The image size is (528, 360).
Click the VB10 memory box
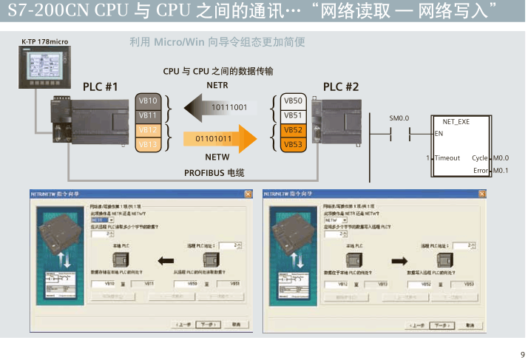tap(149, 101)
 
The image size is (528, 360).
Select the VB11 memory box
tap(149, 115)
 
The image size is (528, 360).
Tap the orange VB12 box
tap(149, 130)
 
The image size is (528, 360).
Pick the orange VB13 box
tap(149, 145)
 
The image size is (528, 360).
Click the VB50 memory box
tap(294, 101)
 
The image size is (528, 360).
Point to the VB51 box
tap(294, 115)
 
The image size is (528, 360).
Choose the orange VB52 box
tap(294, 130)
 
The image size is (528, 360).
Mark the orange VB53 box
tap(294, 145)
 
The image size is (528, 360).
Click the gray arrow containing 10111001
tap(221, 108)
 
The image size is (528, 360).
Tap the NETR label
tap(217, 86)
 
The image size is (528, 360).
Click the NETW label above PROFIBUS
tap(216, 157)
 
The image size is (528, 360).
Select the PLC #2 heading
tap(341, 86)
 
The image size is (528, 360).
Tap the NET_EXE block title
tap(456, 120)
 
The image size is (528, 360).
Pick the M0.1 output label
tap(501, 171)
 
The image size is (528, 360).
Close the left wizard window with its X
tap(246, 194)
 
